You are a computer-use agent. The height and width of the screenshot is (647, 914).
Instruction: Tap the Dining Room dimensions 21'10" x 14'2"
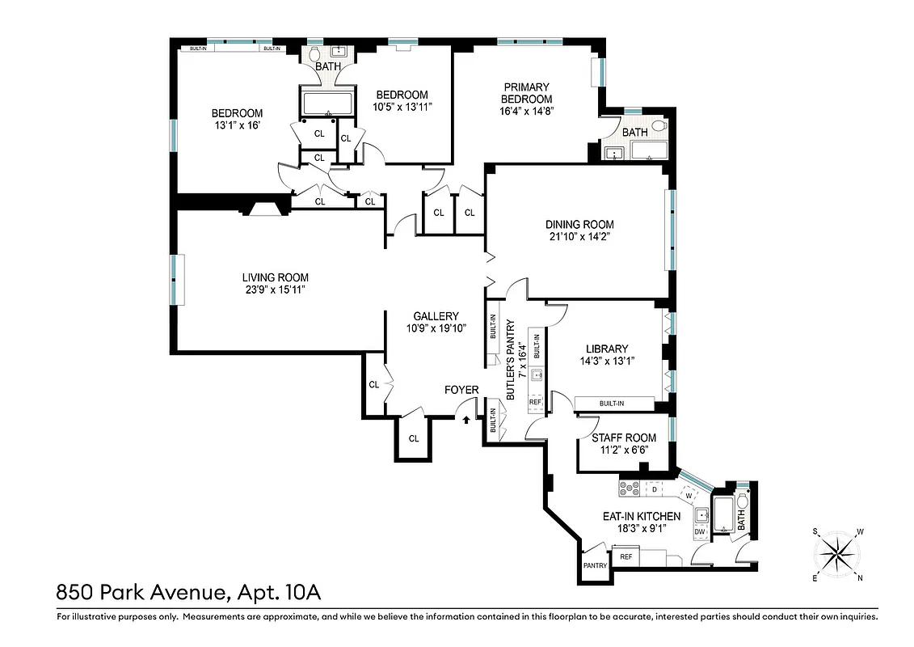[x=579, y=237]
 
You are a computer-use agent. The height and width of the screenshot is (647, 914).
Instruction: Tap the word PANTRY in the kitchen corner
[x=595, y=566]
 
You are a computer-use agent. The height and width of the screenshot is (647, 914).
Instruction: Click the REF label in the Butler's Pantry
[x=535, y=401]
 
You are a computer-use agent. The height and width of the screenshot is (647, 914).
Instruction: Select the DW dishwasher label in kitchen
[x=700, y=531]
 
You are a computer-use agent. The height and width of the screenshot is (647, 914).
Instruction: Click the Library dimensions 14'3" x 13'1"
[x=607, y=362]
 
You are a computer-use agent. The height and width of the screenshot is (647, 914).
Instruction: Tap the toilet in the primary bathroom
[x=657, y=127]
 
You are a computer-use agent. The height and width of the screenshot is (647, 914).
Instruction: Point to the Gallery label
[x=436, y=316]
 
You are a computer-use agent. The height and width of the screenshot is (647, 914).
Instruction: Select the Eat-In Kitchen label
[x=641, y=516]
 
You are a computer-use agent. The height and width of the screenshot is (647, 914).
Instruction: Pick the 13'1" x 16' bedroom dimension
[x=237, y=126]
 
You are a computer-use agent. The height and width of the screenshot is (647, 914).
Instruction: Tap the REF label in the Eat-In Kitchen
[x=625, y=556]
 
